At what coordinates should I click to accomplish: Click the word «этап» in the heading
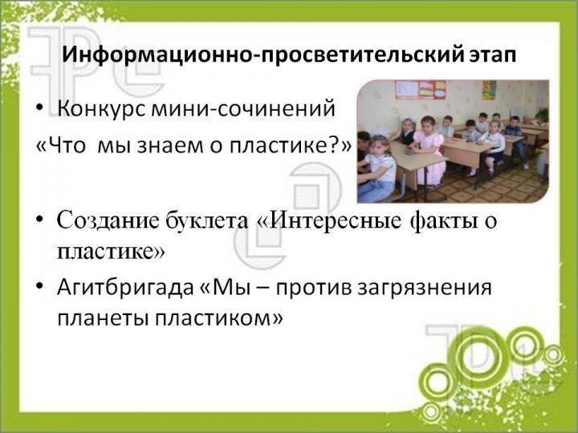[493, 55]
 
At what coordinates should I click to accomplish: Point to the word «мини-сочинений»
[243, 108]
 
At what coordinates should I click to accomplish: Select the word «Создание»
[108, 221]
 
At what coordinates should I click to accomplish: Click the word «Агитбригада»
[125, 289]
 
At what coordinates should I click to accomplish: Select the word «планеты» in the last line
[104, 318]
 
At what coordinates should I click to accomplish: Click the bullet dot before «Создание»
[40, 220]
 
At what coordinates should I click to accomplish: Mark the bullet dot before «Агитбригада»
[40, 286]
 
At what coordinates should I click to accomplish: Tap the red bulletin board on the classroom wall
[421, 90]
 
